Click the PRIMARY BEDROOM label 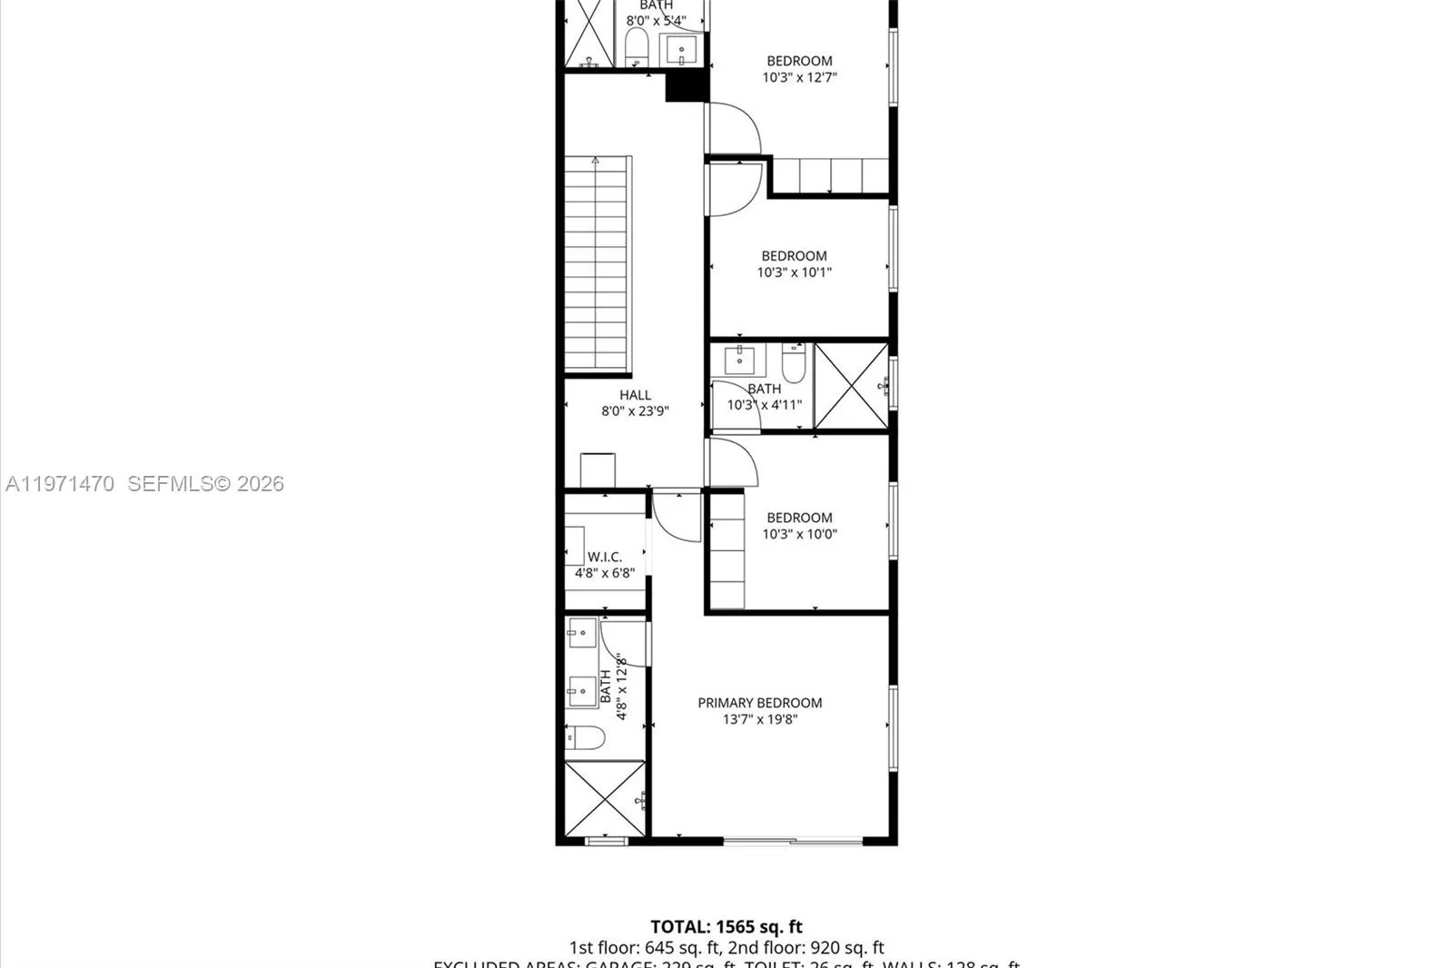tap(759, 703)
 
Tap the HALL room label tap(635, 395)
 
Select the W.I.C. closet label tap(604, 557)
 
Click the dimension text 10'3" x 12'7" tap(799, 78)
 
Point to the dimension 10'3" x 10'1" tap(795, 272)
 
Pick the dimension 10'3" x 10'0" tap(799, 534)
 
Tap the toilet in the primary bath tap(585, 737)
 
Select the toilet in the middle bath tap(793, 363)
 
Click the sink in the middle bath tap(739, 361)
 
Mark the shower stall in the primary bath tap(604, 799)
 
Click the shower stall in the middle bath tap(851, 386)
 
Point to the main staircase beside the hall tap(597, 263)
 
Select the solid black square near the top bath tap(687, 86)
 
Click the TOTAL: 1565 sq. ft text tap(726, 927)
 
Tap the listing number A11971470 tap(60, 484)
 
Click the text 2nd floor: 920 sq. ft tap(806, 948)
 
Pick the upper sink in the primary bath tap(581, 633)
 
